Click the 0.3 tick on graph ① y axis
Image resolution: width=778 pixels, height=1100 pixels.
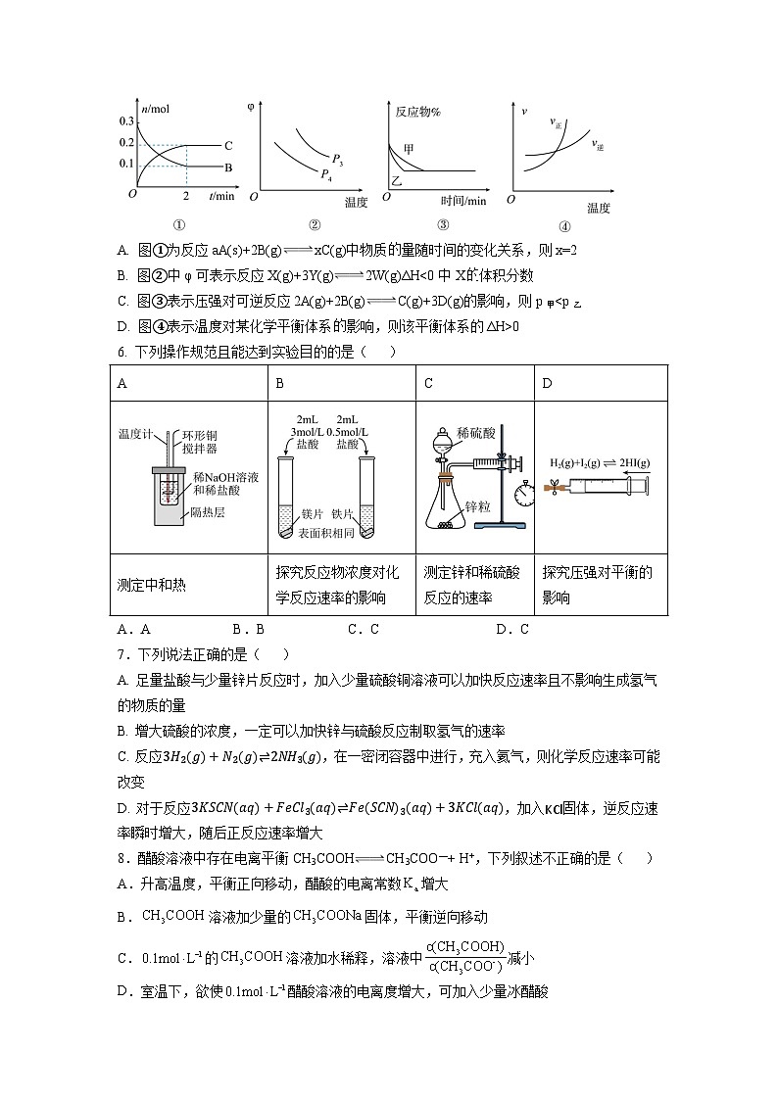[125, 120]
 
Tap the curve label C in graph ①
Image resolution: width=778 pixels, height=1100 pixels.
[227, 144]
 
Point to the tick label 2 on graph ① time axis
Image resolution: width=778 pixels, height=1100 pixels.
[185, 195]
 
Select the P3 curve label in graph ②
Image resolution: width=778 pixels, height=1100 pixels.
[336, 159]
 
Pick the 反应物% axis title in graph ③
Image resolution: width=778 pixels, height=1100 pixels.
[417, 112]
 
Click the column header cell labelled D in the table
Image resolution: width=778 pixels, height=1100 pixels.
[548, 383]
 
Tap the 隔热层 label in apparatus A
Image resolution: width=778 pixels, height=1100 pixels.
[206, 511]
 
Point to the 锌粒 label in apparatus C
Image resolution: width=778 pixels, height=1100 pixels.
[478, 507]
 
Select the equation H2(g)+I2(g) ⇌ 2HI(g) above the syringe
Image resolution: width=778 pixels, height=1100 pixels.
[601, 461]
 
